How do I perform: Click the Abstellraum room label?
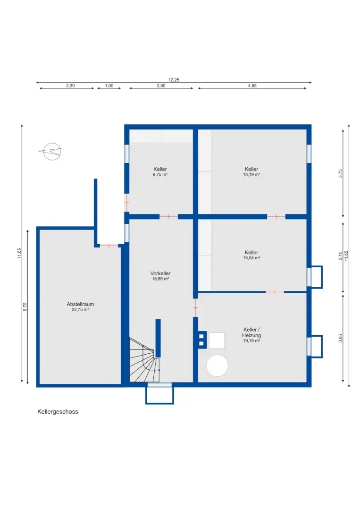80,304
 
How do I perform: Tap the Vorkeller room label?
160,273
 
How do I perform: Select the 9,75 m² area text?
160,174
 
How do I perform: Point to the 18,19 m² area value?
251,174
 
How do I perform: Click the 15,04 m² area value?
251,258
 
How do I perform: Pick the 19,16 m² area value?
252,340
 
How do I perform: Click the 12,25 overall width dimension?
174,80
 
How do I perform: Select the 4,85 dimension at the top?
252,85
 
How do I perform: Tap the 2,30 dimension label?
70,85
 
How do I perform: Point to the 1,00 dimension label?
109,85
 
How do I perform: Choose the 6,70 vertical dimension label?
25,306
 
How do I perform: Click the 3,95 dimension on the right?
340,339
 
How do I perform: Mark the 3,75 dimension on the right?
340,172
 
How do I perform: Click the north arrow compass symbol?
51,151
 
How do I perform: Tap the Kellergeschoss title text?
58,412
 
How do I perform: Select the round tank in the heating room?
218,365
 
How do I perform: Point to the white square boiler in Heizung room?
217,340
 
